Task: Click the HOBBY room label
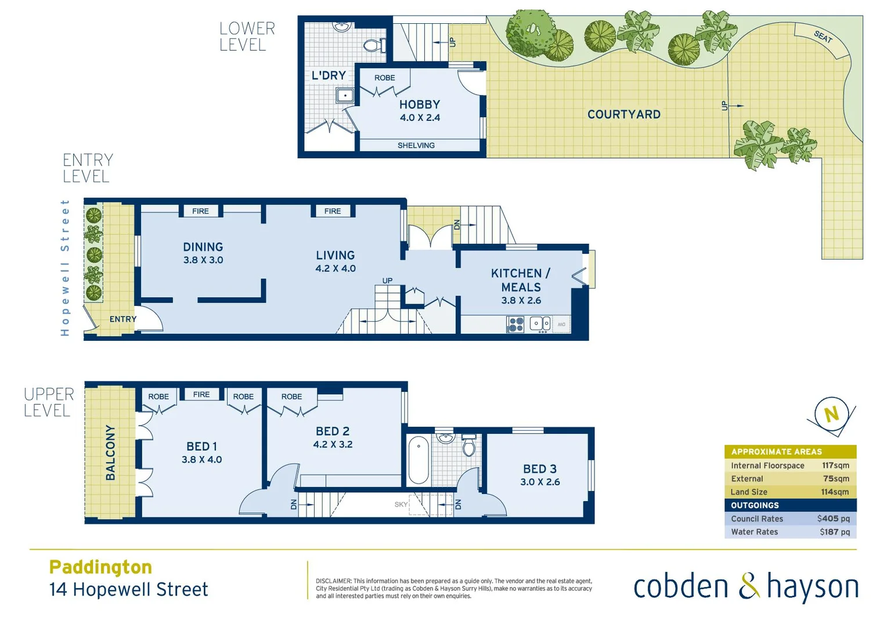tap(420, 105)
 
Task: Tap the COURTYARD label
tap(624, 114)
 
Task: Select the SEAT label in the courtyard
tap(823, 37)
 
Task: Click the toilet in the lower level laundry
tap(373, 45)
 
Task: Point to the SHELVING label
tap(416, 145)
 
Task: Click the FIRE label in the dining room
tap(200, 211)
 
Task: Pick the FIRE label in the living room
tap(333, 211)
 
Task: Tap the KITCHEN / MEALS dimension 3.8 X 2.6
tap(521, 300)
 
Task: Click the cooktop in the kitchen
tap(515, 325)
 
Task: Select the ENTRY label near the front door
tap(123, 319)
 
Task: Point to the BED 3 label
tap(540, 469)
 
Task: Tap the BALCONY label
tap(110, 453)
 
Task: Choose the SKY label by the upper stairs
tap(401, 505)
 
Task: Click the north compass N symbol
tap(832, 414)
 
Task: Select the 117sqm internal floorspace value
tap(835, 466)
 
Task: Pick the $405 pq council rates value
tap(833, 518)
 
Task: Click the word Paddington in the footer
tap(100, 567)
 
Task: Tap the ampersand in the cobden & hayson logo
tap(749, 586)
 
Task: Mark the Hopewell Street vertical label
tap(65, 268)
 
